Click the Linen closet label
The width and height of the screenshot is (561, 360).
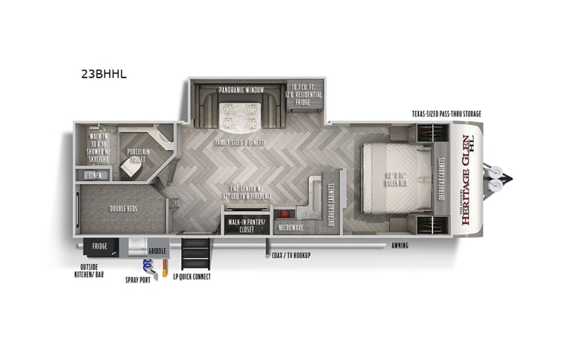pyautogui.click(x=94, y=175)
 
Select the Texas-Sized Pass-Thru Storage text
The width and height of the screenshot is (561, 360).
pyautogui.click(x=446, y=114)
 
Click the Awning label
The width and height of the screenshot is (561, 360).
pyautogui.click(x=398, y=246)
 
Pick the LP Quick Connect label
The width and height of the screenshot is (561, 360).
pyautogui.click(x=192, y=276)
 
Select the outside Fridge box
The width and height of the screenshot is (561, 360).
pyautogui.click(x=100, y=246)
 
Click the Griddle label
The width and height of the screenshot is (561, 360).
pyautogui.click(x=157, y=250)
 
